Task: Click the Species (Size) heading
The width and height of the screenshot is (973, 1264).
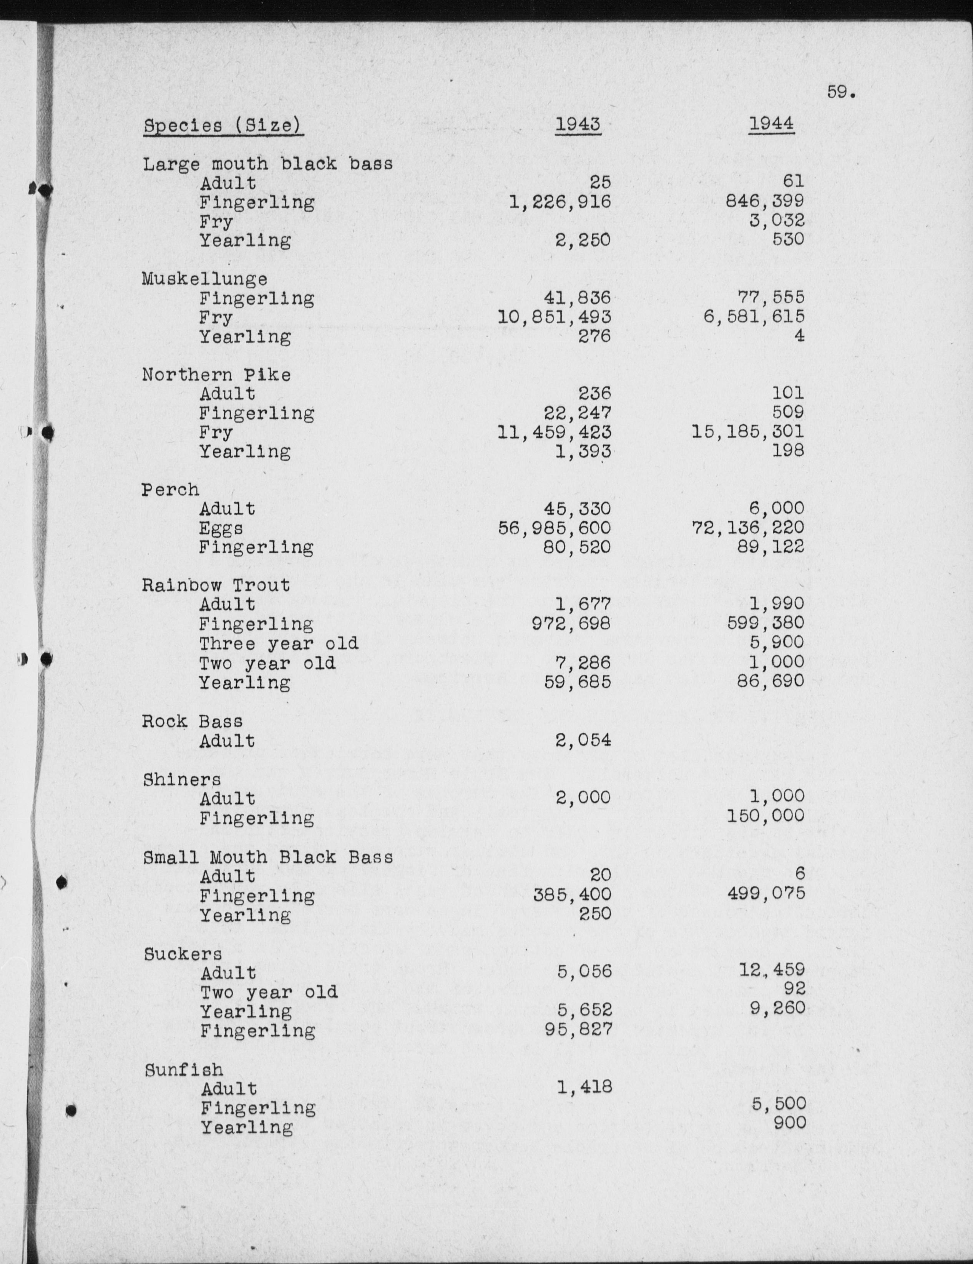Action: [223, 126]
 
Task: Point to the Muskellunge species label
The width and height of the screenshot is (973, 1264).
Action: [205, 279]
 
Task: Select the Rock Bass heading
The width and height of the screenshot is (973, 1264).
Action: [193, 721]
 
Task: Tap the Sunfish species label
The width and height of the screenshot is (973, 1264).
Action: [183, 1069]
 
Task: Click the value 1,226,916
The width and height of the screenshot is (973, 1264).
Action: [560, 202]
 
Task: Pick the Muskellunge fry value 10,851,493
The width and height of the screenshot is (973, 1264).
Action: [554, 317]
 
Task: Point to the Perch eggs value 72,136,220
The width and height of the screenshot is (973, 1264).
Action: [747, 528]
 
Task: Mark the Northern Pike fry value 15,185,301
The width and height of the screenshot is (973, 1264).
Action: [747, 432]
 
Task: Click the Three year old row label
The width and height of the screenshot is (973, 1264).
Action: [279, 643]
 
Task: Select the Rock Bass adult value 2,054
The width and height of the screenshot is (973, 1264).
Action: [583, 740]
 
